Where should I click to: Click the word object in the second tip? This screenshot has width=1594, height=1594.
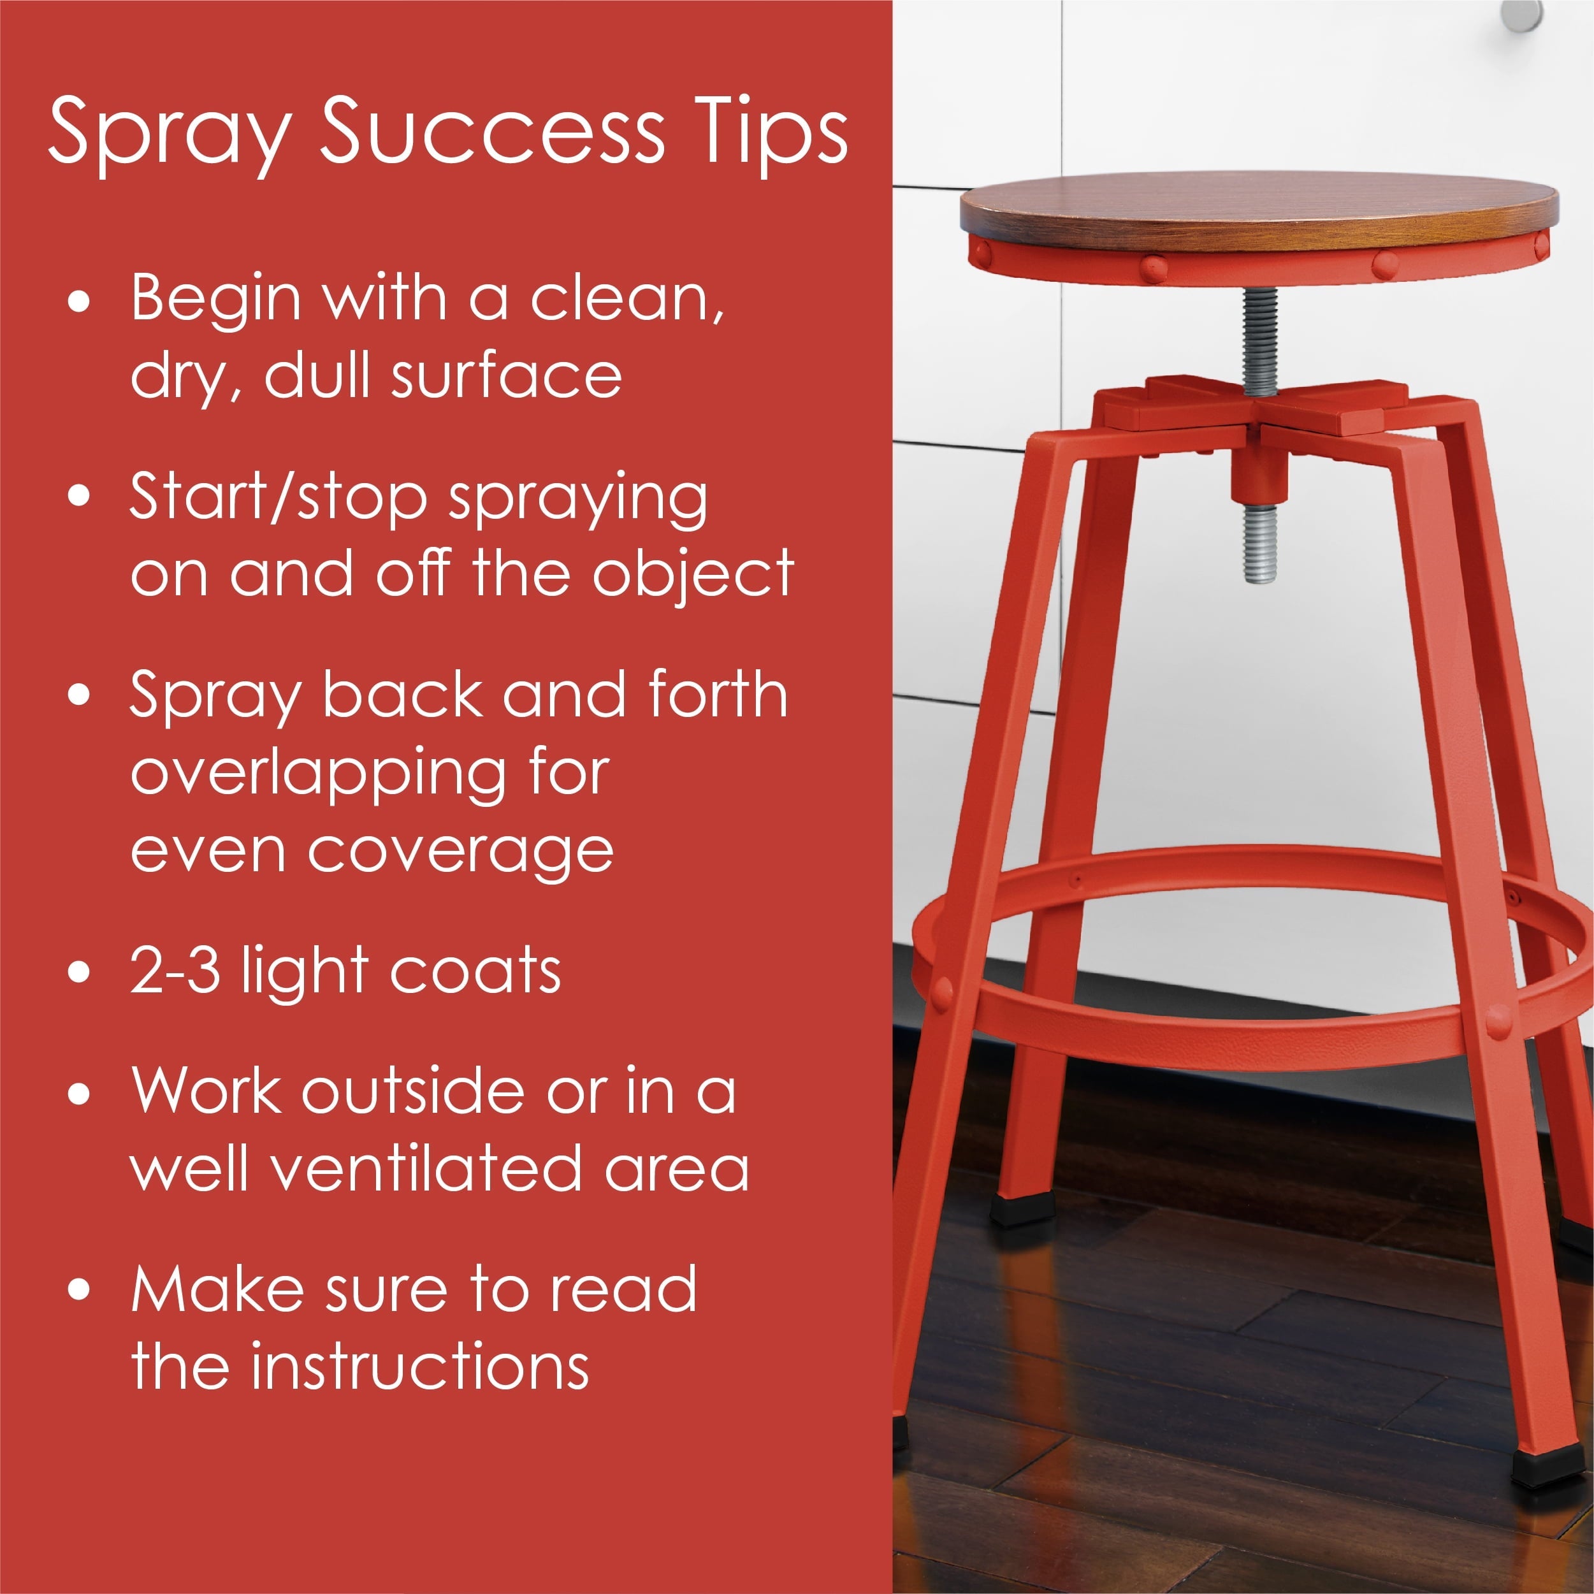(693, 575)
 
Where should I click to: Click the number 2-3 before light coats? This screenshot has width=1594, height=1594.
(175, 971)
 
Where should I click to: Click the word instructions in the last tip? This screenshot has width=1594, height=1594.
(420, 1366)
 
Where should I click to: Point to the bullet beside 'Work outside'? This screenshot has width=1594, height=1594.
(79, 1093)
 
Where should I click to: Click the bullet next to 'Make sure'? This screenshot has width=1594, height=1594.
(79, 1289)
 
